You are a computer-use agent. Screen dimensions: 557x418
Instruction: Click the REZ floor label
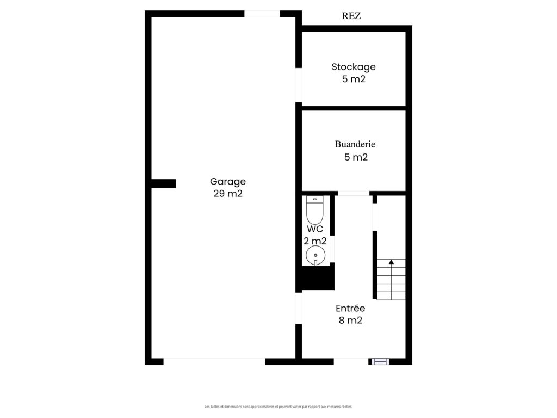351,16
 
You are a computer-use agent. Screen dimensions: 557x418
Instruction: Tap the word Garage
228,182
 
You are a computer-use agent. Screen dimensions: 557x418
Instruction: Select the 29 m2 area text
228,193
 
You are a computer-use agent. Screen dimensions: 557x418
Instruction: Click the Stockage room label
354,67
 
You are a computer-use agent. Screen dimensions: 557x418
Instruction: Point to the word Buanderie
355,144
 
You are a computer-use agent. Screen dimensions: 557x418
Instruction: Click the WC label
315,229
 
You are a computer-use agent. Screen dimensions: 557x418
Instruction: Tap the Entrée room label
350,308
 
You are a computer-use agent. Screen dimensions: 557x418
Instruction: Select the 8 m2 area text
350,320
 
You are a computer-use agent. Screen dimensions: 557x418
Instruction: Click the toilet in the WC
314,210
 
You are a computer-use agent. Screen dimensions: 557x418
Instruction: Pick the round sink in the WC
315,255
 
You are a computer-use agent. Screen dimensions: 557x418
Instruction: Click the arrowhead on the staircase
391,262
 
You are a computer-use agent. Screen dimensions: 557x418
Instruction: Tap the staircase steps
391,280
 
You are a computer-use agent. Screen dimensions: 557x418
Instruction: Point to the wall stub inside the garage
163,183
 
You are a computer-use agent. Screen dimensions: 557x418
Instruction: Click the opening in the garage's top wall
262,14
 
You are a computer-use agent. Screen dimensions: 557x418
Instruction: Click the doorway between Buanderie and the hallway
354,193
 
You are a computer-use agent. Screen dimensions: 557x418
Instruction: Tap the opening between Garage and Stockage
299,85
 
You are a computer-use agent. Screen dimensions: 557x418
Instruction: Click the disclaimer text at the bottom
278,406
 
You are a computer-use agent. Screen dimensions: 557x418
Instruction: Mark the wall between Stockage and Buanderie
354,108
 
